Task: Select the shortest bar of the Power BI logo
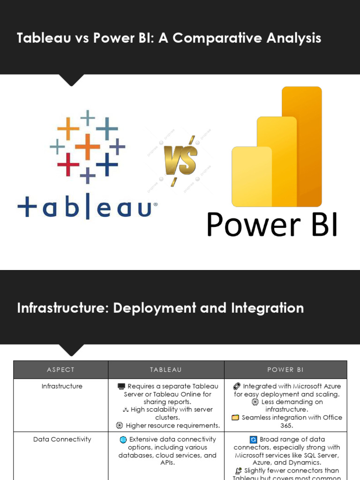251,176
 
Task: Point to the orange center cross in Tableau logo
88,146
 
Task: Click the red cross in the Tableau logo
68,164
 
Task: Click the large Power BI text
272,225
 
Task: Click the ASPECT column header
60,370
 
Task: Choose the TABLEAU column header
166,370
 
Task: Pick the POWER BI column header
285,370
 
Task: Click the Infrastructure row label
62,386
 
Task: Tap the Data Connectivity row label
62,439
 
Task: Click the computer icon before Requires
121,387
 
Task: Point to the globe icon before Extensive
123,440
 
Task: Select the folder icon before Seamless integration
235,418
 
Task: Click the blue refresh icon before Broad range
253,440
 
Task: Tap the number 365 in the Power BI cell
286,425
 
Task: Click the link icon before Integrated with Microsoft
237,387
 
